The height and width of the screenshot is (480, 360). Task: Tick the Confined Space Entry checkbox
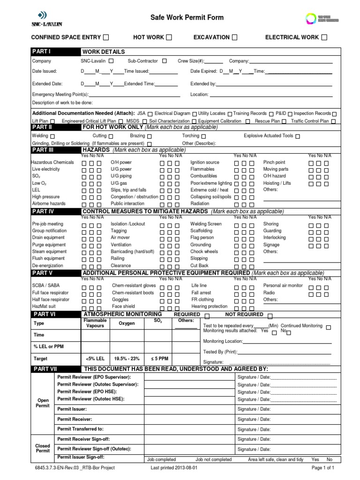(106, 37)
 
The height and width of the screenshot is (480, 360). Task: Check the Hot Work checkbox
(169, 37)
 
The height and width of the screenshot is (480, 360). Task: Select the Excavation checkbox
(234, 37)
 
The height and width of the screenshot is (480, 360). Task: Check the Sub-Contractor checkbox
(165, 61)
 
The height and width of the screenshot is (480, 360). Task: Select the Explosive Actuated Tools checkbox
(298, 136)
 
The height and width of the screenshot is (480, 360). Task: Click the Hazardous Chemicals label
(53, 162)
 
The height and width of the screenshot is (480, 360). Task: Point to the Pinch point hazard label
(274, 162)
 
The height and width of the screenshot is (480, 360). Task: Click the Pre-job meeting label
(48, 224)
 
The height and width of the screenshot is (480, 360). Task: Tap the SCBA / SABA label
(45, 285)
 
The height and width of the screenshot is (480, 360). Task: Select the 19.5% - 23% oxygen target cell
(127, 359)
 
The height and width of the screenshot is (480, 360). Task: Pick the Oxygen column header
(127, 323)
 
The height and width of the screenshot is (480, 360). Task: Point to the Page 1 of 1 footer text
(322, 468)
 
